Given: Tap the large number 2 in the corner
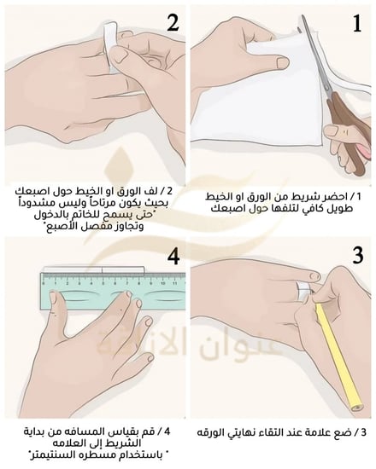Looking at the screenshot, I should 173,23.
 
